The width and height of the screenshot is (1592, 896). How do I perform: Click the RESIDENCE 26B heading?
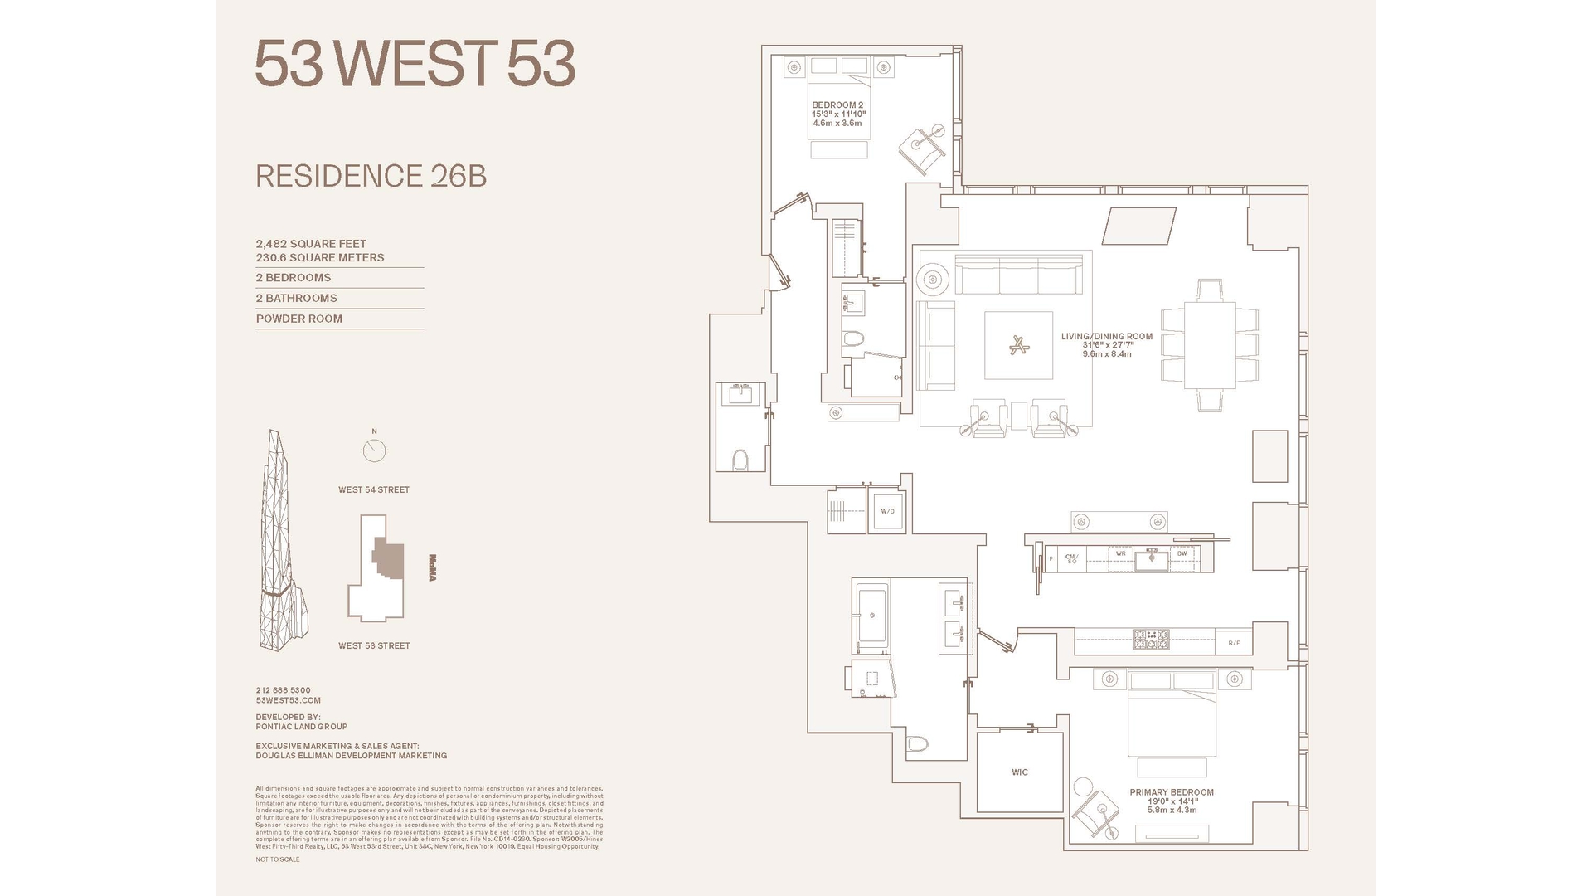click(371, 176)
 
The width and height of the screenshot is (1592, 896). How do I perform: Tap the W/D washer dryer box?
click(887, 511)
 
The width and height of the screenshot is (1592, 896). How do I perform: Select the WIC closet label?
click(1019, 772)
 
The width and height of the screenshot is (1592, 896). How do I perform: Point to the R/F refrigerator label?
click(1234, 642)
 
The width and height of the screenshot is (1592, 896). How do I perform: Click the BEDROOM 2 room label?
click(837, 105)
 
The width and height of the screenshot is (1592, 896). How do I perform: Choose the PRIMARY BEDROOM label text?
click(1171, 792)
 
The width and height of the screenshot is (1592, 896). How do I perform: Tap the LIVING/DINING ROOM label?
click(1106, 337)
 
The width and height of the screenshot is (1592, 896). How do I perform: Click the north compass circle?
click(374, 450)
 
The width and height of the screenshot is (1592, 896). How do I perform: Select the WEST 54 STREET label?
click(373, 489)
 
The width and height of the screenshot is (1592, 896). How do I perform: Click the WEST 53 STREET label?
click(373, 645)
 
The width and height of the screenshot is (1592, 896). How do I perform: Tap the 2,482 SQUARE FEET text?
click(311, 244)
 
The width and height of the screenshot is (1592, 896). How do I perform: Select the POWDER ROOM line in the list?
click(298, 319)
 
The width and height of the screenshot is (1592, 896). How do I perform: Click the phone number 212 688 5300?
click(283, 690)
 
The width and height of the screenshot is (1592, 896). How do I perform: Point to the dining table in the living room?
click(1209, 345)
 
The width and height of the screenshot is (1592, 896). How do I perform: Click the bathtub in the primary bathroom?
click(871, 616)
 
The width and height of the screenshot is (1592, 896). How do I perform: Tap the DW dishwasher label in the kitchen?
click(1182, 553)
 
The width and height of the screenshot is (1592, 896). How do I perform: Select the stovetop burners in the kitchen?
click(1151, 639)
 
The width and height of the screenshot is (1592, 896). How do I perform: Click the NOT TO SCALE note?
click(277, 859)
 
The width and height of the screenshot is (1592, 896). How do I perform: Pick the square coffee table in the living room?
click(1018, 345)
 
